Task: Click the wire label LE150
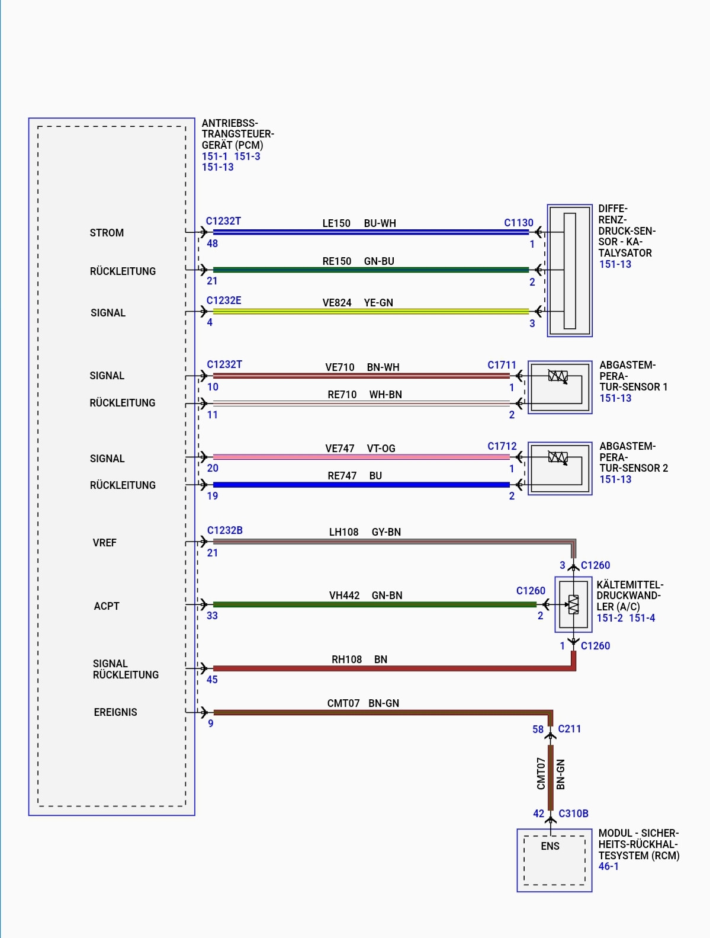[x=336, y=223]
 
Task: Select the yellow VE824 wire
[x=371, y=312]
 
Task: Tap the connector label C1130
[x=518, y=223]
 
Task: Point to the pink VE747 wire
[x=361, y=457]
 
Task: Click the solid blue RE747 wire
[x=361, y=485]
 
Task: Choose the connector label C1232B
[x=224, y=530]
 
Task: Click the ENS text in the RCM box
[x=550, y=846]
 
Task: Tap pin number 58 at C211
[x=538, y=729]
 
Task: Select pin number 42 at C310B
[x=538, y=814]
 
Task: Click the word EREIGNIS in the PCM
[x=115, y=712]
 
